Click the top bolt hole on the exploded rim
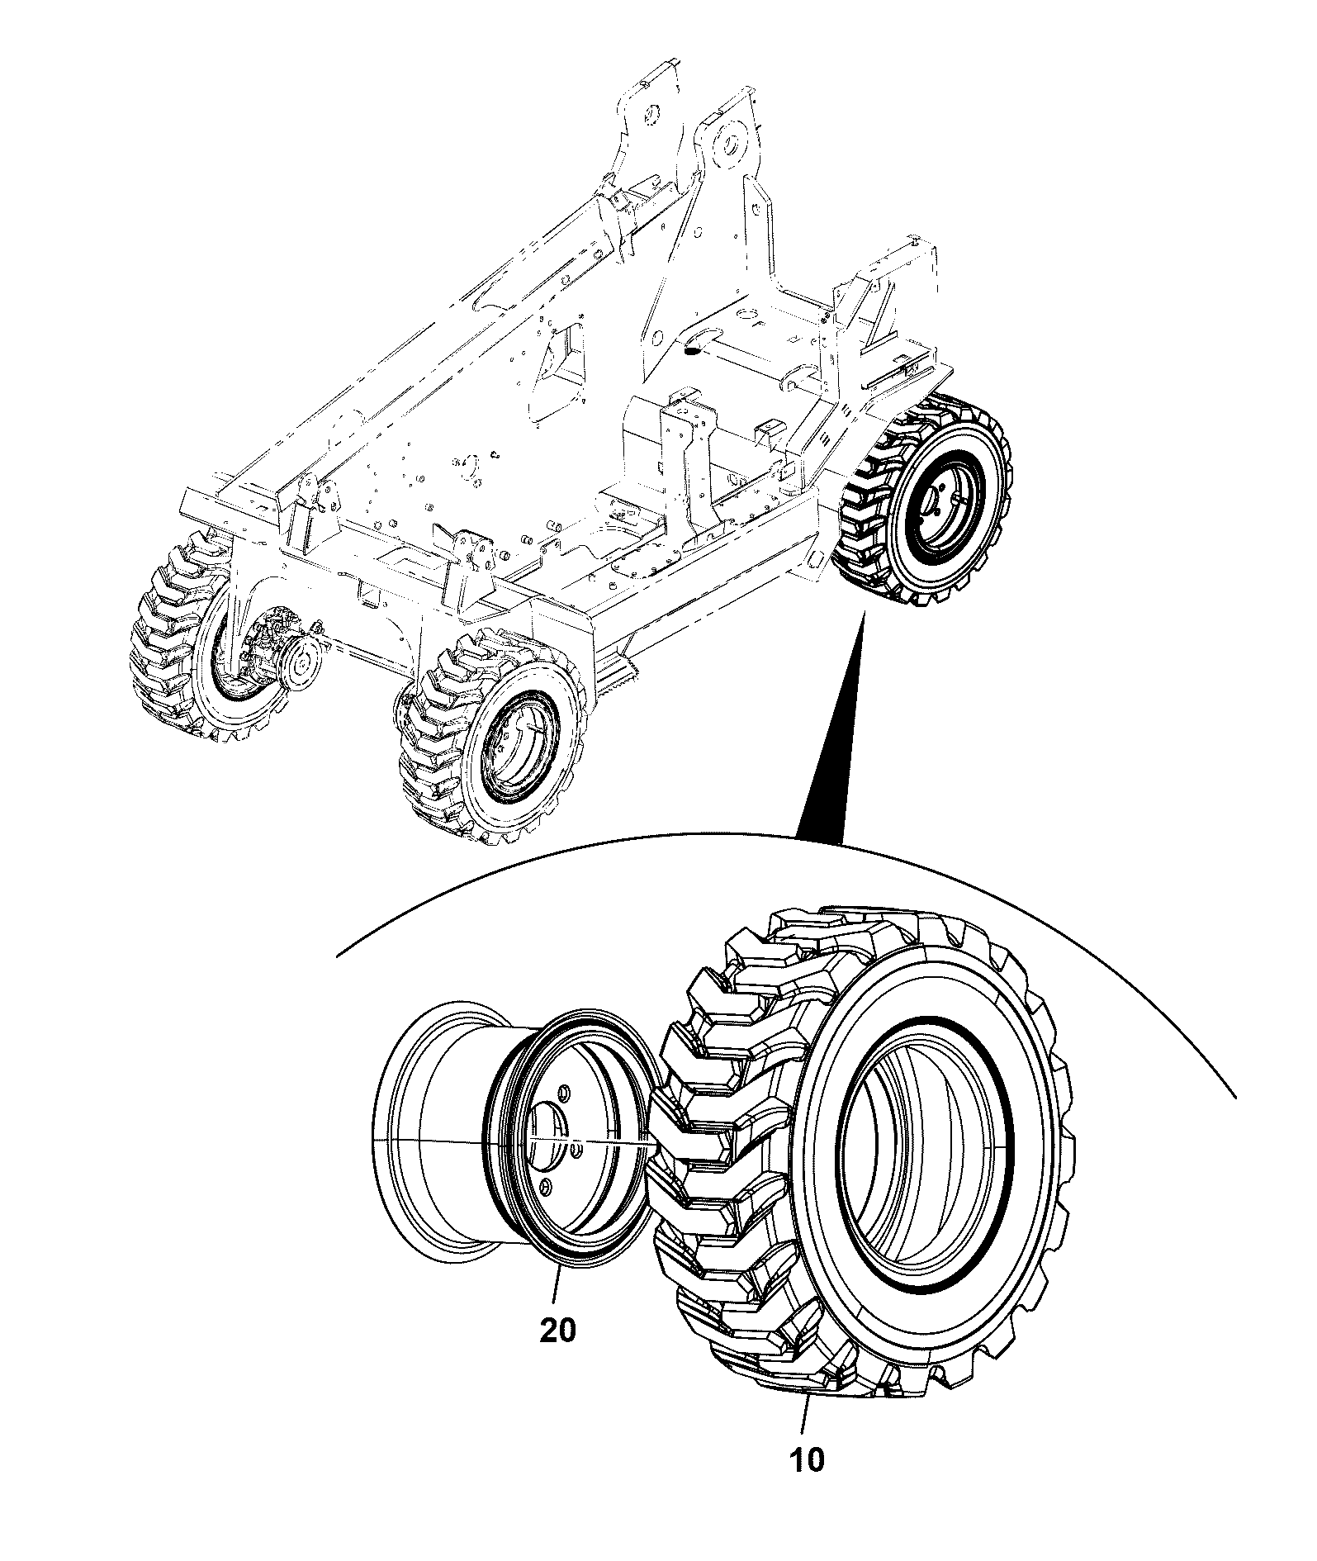point(565,1094)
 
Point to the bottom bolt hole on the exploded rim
point(544,1186)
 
